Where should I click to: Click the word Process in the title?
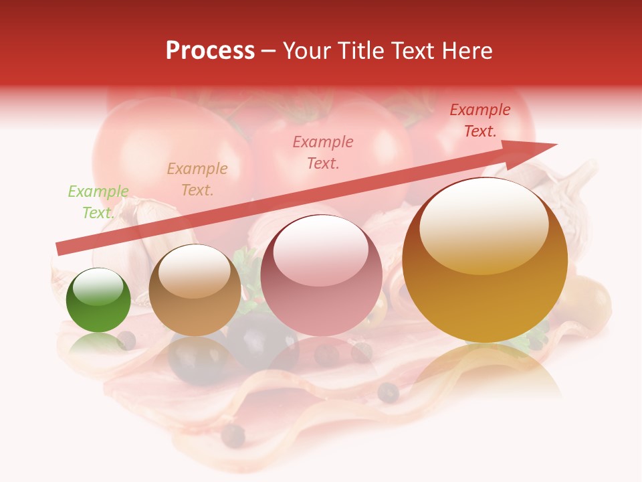coord(210,51)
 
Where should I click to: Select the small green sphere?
coord(98,301)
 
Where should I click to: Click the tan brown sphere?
coord(195,291)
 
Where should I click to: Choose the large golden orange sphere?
coord(485,261)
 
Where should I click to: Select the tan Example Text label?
coord(197,179)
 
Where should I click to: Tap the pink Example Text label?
coord(323,152)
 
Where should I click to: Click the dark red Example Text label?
coord(480,120)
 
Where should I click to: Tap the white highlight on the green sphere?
coord(98,286)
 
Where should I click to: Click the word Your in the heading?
coord(305,51)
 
